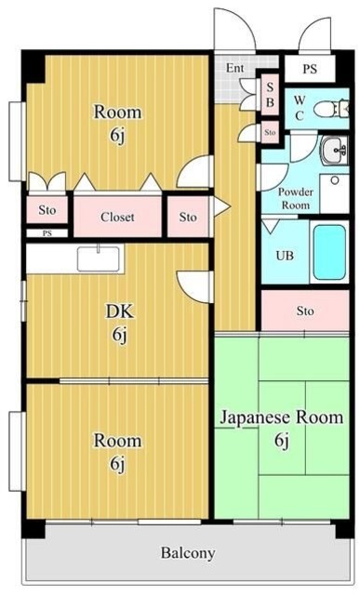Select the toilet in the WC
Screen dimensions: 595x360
coord(327,108)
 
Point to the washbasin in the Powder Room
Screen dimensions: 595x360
coord(333,149)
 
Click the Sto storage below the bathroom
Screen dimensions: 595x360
coord(304,311)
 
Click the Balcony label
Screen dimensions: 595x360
coord(188,553)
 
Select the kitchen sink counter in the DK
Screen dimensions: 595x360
coord(99,258)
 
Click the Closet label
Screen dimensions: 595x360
coord(117,218)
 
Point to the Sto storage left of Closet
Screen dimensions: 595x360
coord(47,211)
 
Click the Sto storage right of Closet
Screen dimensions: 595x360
coord(188,218)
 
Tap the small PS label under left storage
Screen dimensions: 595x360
coord(47,233)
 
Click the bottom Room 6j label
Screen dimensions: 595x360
coord(117,449)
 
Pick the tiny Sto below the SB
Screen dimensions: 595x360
coord(270,133)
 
